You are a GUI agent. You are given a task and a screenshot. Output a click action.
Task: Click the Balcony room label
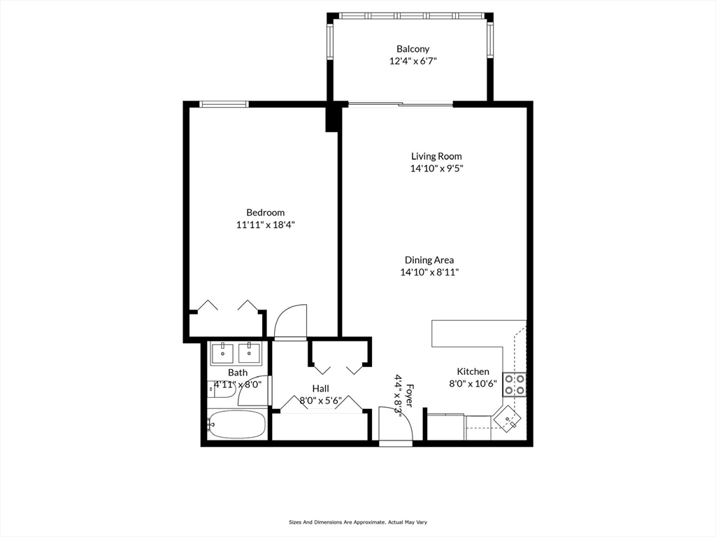[413, 49]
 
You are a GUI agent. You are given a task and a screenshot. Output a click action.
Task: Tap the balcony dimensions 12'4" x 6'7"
[413, 61]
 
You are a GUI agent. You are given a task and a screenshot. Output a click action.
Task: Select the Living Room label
[436, 156]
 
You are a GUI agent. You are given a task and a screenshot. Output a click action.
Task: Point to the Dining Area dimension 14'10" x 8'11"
[429, 273]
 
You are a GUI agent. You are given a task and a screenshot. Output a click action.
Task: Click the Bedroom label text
[265, 213]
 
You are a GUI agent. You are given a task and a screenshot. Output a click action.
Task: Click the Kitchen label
[473, 371]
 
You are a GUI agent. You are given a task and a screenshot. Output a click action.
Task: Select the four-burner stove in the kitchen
[515, 384]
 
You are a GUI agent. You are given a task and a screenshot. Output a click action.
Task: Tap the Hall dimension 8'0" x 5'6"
[320, 401]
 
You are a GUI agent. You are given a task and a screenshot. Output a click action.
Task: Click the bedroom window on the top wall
[224, 104]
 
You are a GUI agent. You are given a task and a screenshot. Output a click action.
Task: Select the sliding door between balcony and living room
[401, 105]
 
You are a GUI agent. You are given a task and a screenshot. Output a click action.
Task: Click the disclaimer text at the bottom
[358, 522]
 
